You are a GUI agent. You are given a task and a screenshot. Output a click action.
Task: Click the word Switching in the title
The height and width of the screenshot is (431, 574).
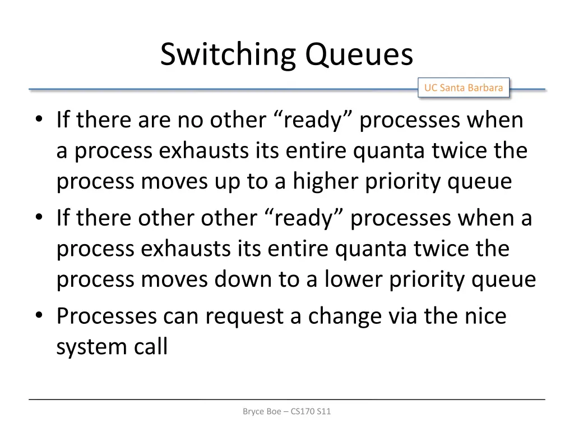[x=229, y=56]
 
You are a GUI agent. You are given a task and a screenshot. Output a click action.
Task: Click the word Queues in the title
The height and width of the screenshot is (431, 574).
[x=359, y=56]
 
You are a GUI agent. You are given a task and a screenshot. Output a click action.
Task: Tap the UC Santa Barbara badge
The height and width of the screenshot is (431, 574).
[x=463, y=88]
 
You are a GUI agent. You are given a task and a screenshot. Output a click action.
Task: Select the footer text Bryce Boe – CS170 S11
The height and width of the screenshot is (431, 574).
[x=287, y=411]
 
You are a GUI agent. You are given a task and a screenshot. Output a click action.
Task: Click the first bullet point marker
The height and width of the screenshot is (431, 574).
[x=39, y=120]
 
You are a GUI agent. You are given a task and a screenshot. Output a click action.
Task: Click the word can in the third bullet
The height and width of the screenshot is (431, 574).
[x=182, y=317]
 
